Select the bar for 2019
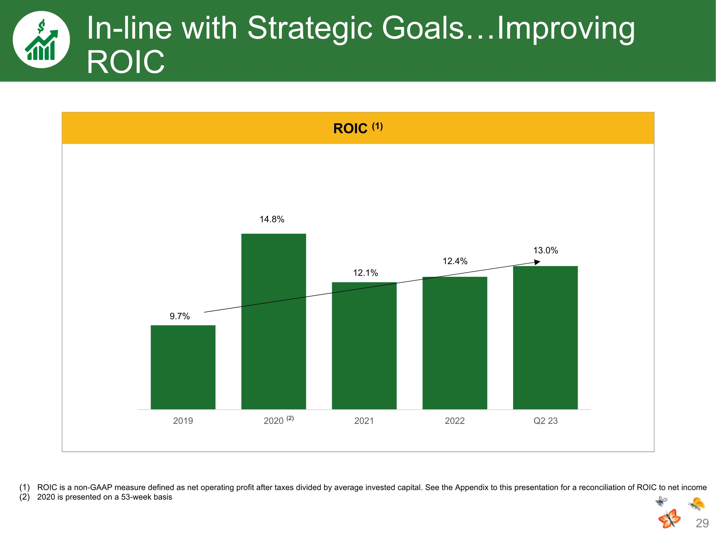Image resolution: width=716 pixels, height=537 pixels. (x=183, y=367)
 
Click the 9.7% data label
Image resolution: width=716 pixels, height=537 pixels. (x=180, y=316)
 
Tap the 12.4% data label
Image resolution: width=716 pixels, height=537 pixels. (x=455, y=261)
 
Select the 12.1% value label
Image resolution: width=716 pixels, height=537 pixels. (x=365, y=273)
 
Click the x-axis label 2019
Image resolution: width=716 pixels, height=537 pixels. (x=183, y=421)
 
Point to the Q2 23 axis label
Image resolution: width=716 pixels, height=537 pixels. (x=545, y=421)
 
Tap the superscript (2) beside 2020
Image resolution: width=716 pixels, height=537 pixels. (x=290, y=418)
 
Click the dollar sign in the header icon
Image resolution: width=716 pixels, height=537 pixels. (x=41, y=26)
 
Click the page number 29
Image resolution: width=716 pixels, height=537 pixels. (x=702, y=523)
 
